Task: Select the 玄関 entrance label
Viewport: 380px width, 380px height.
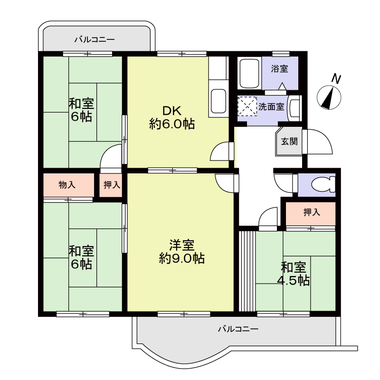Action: coord(289,141)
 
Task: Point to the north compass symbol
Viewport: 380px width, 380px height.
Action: coord(329,97)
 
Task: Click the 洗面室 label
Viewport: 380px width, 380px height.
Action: coord(271,106)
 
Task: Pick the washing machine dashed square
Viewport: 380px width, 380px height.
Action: coord(247,106)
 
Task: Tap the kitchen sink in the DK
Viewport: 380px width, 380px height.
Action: coord(218,101)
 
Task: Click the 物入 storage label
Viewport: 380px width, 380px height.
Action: coord(67,185)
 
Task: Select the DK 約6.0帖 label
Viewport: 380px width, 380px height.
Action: coord(172,117)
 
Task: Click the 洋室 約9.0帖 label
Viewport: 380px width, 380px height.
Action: coord(182,252)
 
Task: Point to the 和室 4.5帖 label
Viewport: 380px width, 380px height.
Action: coord(293,274)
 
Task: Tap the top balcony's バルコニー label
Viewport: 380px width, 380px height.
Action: coord(95,39)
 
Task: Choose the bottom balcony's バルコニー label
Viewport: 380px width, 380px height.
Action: coord(238,329)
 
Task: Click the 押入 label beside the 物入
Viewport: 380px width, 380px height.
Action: coord(112,185)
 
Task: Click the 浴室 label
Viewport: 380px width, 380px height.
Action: coord(279,69)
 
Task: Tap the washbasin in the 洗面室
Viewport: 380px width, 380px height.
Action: coord(294,108)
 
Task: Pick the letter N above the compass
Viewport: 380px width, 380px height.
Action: coord(336,78)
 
